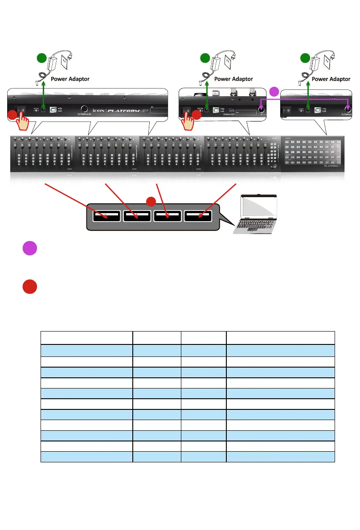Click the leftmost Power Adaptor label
click(x=70, y=79)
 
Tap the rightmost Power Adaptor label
click(x=331, y=79)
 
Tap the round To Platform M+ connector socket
click(x=83, y=109)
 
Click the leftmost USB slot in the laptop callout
click(x=107, y=216)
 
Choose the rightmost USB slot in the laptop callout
click(x=199, y=216)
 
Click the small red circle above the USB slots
click(x=151, y=202)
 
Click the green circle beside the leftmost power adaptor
click(x=41, y=58)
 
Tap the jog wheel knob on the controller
click(x=273, y=165)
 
